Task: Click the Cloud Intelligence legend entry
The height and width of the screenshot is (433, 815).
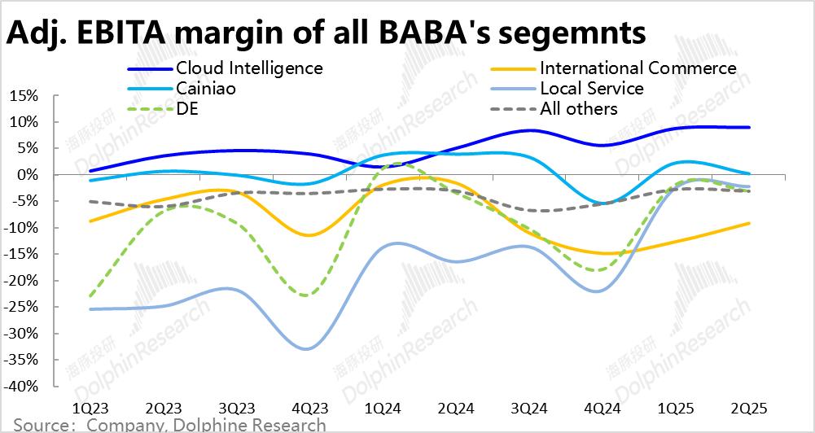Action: [248, 68]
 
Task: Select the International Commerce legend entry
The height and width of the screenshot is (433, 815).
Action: [638, 68]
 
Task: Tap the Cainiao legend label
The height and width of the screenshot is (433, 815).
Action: [206, 88]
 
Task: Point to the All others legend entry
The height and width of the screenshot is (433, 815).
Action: [578, 108]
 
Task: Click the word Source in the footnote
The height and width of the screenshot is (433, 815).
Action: [39, 425]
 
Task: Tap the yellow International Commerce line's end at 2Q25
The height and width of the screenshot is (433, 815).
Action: [749, 223]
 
